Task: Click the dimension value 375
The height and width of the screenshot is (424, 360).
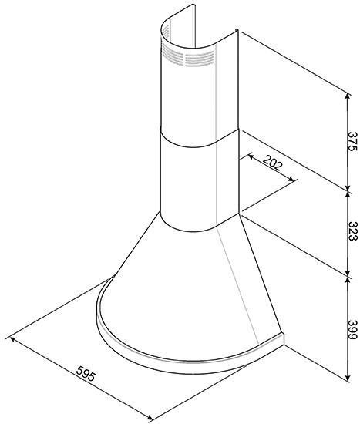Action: click(352, 141)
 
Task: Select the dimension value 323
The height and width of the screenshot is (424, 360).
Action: click(352, 231)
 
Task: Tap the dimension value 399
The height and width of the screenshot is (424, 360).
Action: click(352, 330)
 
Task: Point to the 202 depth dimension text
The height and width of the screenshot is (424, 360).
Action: click(272, 163)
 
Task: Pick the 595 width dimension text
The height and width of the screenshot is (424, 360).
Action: click(86, 373)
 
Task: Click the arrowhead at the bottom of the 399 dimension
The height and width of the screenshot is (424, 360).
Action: click(348, 378)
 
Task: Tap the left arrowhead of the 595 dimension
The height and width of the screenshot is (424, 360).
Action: click(12, 339)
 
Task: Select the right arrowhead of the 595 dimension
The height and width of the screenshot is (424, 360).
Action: click(149, 417)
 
